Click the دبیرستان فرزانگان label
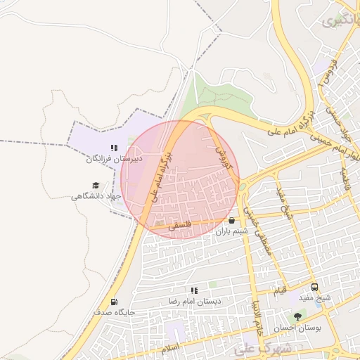114,159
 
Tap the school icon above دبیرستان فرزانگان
114,148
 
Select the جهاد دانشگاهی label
96,196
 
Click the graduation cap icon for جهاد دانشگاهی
96,185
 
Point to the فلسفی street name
180,226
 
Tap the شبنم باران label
233,231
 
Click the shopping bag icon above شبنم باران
232,220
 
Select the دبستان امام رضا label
194,301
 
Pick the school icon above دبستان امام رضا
194,290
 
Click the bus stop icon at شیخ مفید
314,287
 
